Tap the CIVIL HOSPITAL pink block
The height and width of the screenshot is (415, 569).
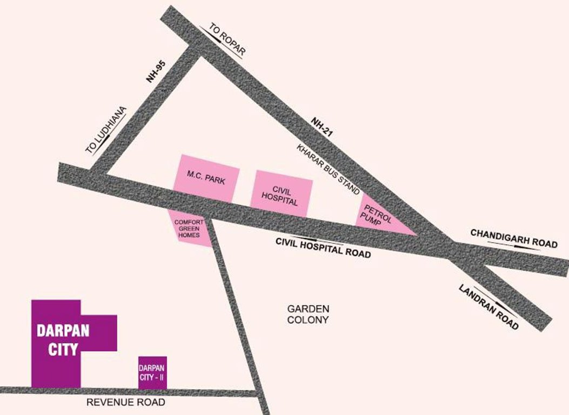point(281,193)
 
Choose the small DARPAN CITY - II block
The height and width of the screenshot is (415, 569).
point(152,373)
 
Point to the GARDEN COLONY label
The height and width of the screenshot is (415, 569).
point(308,314)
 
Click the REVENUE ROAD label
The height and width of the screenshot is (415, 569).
point(126,403)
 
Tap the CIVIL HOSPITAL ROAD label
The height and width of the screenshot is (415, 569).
point(323,248)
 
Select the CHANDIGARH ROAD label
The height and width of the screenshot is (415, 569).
point(513,237)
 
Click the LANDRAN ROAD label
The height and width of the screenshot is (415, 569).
point(489,307)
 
